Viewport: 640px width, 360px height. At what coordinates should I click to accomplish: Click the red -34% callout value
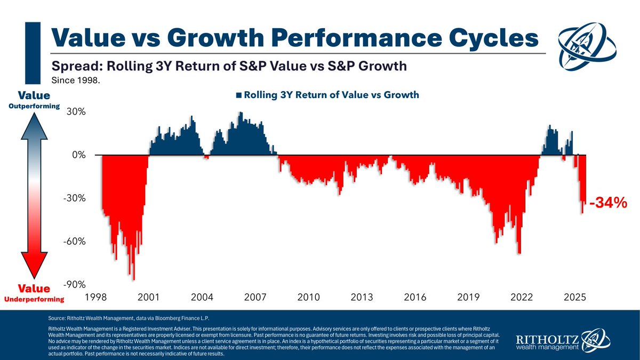607,203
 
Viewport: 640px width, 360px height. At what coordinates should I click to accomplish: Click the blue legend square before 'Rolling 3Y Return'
238,95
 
